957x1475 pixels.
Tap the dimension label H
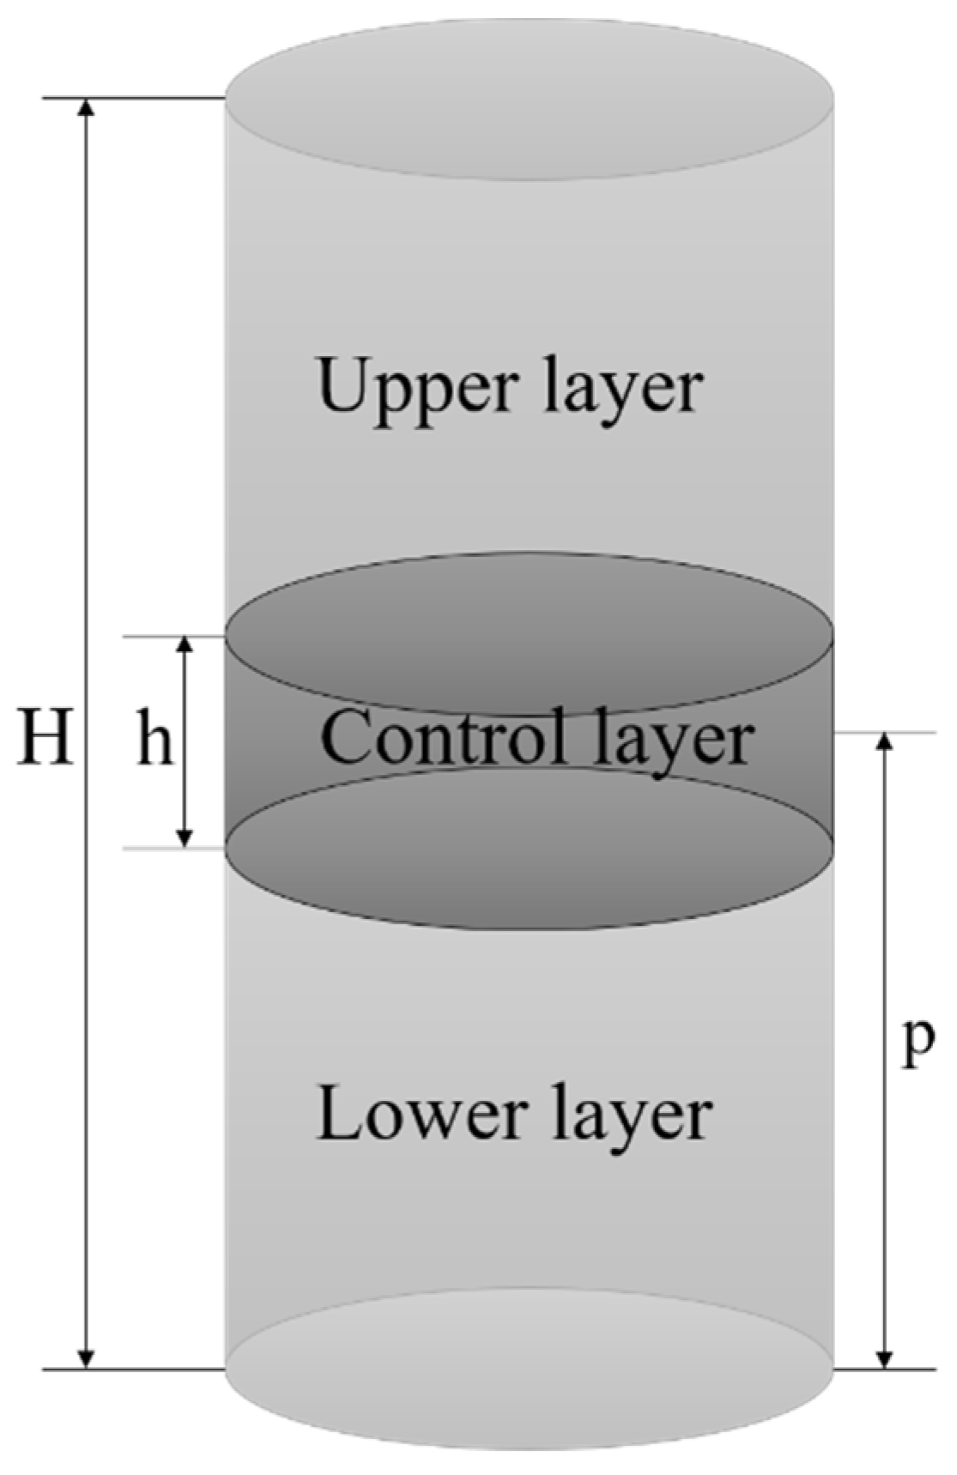[x=45, y=737]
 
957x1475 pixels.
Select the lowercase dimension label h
[x=155, y=742]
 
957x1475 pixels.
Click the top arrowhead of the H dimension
[x=85, y=108]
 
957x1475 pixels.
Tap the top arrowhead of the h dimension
[x=185, y=645]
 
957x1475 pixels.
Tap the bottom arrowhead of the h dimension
[x=185, y=839]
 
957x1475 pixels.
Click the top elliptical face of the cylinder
[x=528, y=99]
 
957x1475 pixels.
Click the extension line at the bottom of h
[x=172, y=849]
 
